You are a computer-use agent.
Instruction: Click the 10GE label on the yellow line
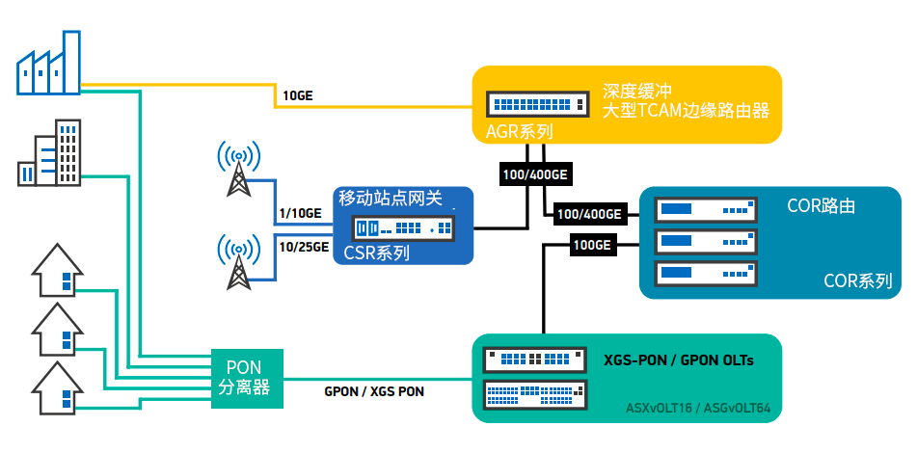coord(298,95)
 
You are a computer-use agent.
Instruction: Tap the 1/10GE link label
coord(302,213)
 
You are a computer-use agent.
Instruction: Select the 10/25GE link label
coord(305,248)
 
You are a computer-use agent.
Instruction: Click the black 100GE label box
coord(594,246)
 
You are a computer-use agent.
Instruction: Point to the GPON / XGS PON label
coord(374,391)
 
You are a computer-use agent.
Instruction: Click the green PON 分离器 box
coord(248,379)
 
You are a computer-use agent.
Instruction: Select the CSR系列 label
coord(376,253)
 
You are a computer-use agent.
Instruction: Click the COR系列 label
coord(858,281)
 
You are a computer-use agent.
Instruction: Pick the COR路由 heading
coord(822,206)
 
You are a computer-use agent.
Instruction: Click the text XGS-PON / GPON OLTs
coord(679,360)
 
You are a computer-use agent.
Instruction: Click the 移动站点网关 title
coord(391,199)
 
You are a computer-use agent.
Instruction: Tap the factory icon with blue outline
coord(48,63)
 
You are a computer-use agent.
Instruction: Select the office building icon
coord(49,153)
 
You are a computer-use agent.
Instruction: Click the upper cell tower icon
coord(238,169)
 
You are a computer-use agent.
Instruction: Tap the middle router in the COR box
coord(706,241)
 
